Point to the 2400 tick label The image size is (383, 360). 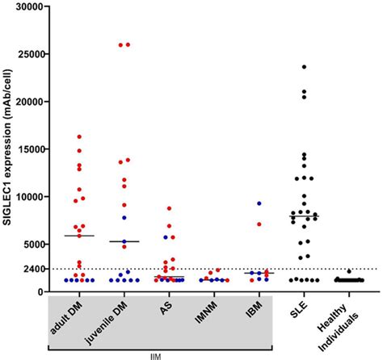pos(32,269)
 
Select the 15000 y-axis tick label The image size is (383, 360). pos(28,149)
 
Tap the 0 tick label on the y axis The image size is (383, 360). pos(42,291)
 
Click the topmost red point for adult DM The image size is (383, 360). pos(79,136)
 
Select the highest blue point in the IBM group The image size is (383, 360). pos(259,203)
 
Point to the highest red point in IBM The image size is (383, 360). pos(259,224)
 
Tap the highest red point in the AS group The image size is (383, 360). pos(169,208)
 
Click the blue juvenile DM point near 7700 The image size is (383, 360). pos(124,218)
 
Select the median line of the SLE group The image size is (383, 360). pos(304,216)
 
